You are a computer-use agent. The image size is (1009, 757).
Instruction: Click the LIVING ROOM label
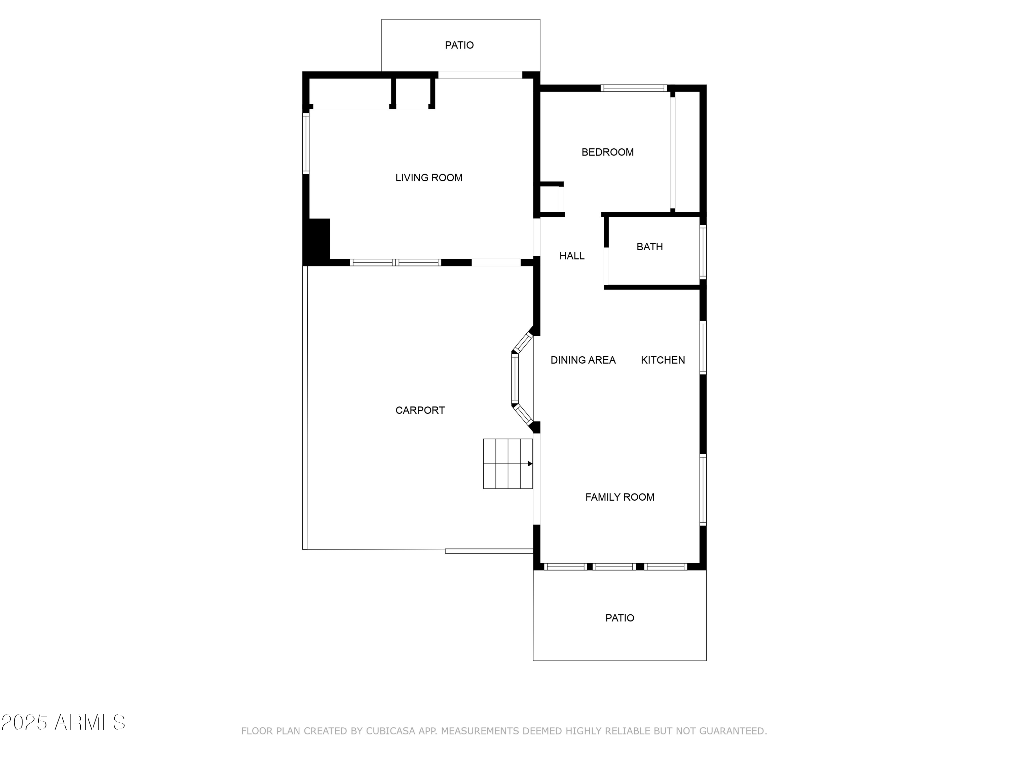pyautogui.click(x=428, y=178)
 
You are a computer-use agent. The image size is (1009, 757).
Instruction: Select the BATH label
pyautogui.click(x=649, y=247)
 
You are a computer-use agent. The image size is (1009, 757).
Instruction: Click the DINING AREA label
pyautogui.click(x=583, y=360)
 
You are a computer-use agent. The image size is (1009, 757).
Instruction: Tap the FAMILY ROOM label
pyautogui.click(x=620, y=497)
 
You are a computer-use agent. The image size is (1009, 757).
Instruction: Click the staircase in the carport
pyautogui.click(x=507, y=464)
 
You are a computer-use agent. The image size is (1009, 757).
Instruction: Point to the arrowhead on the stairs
pyautogui.click(x=530, y=464)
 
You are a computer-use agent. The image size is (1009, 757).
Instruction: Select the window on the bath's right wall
pyautogui.click(x=703, y=252)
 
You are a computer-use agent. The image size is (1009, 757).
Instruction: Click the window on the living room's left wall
pyautogui.click(x=306, y=143)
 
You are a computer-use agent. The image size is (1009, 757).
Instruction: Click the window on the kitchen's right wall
pyautogui.click(x=703, y=348)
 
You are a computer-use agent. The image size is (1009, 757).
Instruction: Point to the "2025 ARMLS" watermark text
pyautogui.click(x=64, y=722)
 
